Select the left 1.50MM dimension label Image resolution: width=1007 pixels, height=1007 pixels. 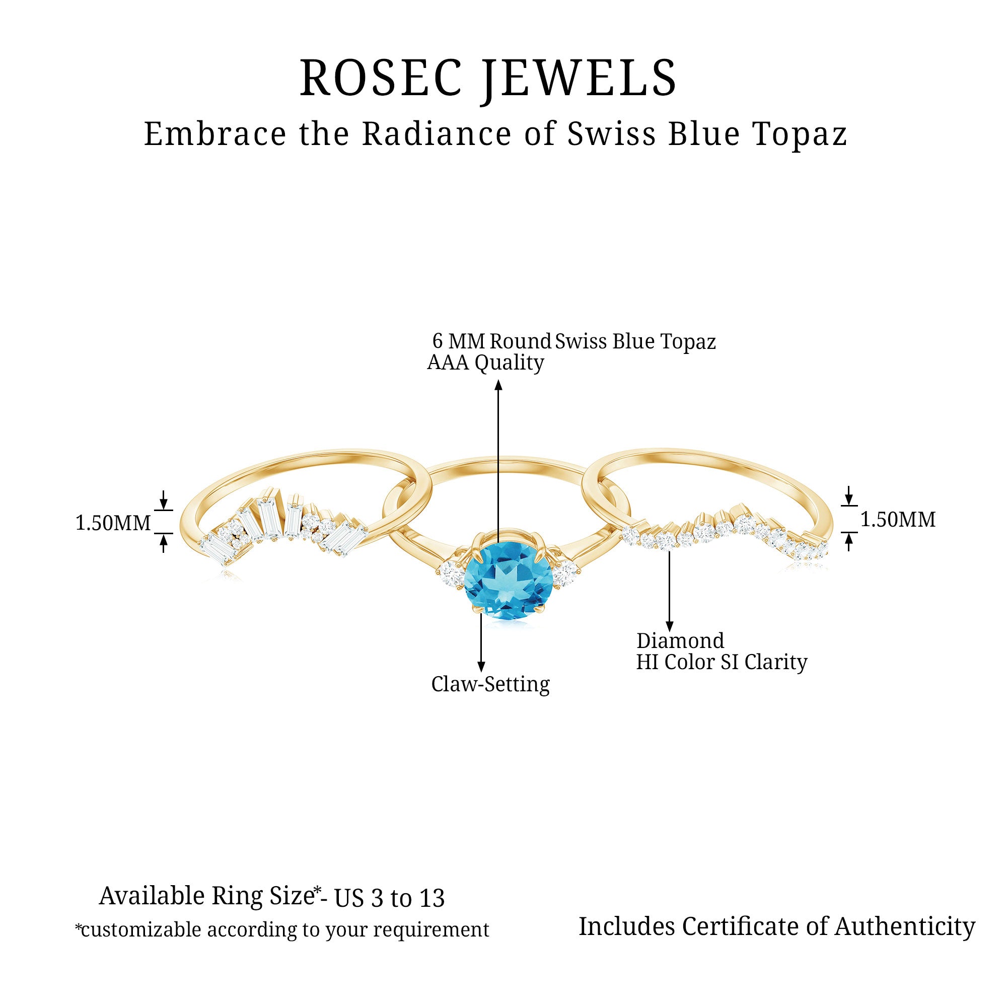113,523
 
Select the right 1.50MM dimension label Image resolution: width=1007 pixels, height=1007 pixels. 898,520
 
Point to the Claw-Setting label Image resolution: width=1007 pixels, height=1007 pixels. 490,684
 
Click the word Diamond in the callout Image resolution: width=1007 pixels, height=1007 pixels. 680,641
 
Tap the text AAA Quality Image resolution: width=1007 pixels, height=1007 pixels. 485,363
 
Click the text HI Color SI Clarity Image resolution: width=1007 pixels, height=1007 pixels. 722,663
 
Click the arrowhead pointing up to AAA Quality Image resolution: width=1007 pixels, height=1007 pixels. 498,385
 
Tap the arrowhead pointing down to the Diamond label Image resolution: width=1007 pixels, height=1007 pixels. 670,626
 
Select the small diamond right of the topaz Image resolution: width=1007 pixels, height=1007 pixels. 565,573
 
